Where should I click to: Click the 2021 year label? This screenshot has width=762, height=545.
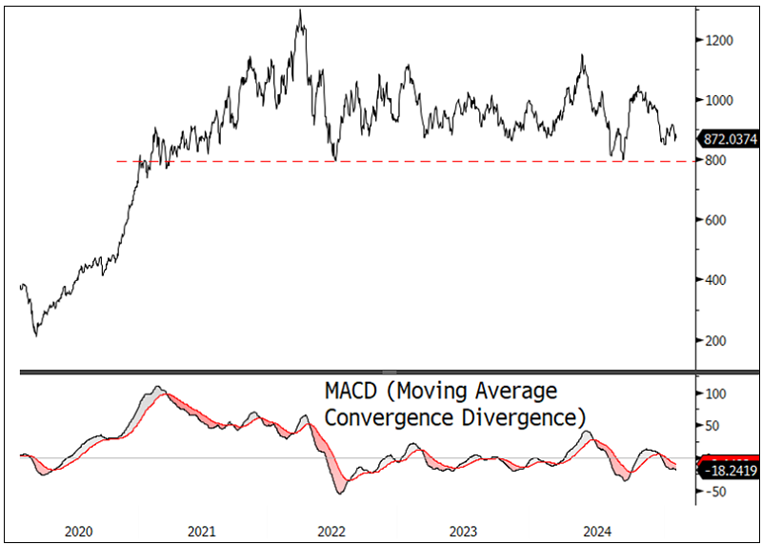coord(202,530)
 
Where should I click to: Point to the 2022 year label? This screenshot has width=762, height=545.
coord(331,530)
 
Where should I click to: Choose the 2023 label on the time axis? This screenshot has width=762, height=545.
coord(464,530)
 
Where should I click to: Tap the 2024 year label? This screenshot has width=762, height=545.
coord(597,530)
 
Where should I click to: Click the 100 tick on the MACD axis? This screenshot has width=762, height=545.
coord(713,394)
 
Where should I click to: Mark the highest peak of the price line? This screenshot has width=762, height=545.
coord(300,11)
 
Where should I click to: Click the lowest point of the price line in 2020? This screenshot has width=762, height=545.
coord(36,335)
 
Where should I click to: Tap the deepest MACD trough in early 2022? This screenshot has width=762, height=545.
coord(340,493)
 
